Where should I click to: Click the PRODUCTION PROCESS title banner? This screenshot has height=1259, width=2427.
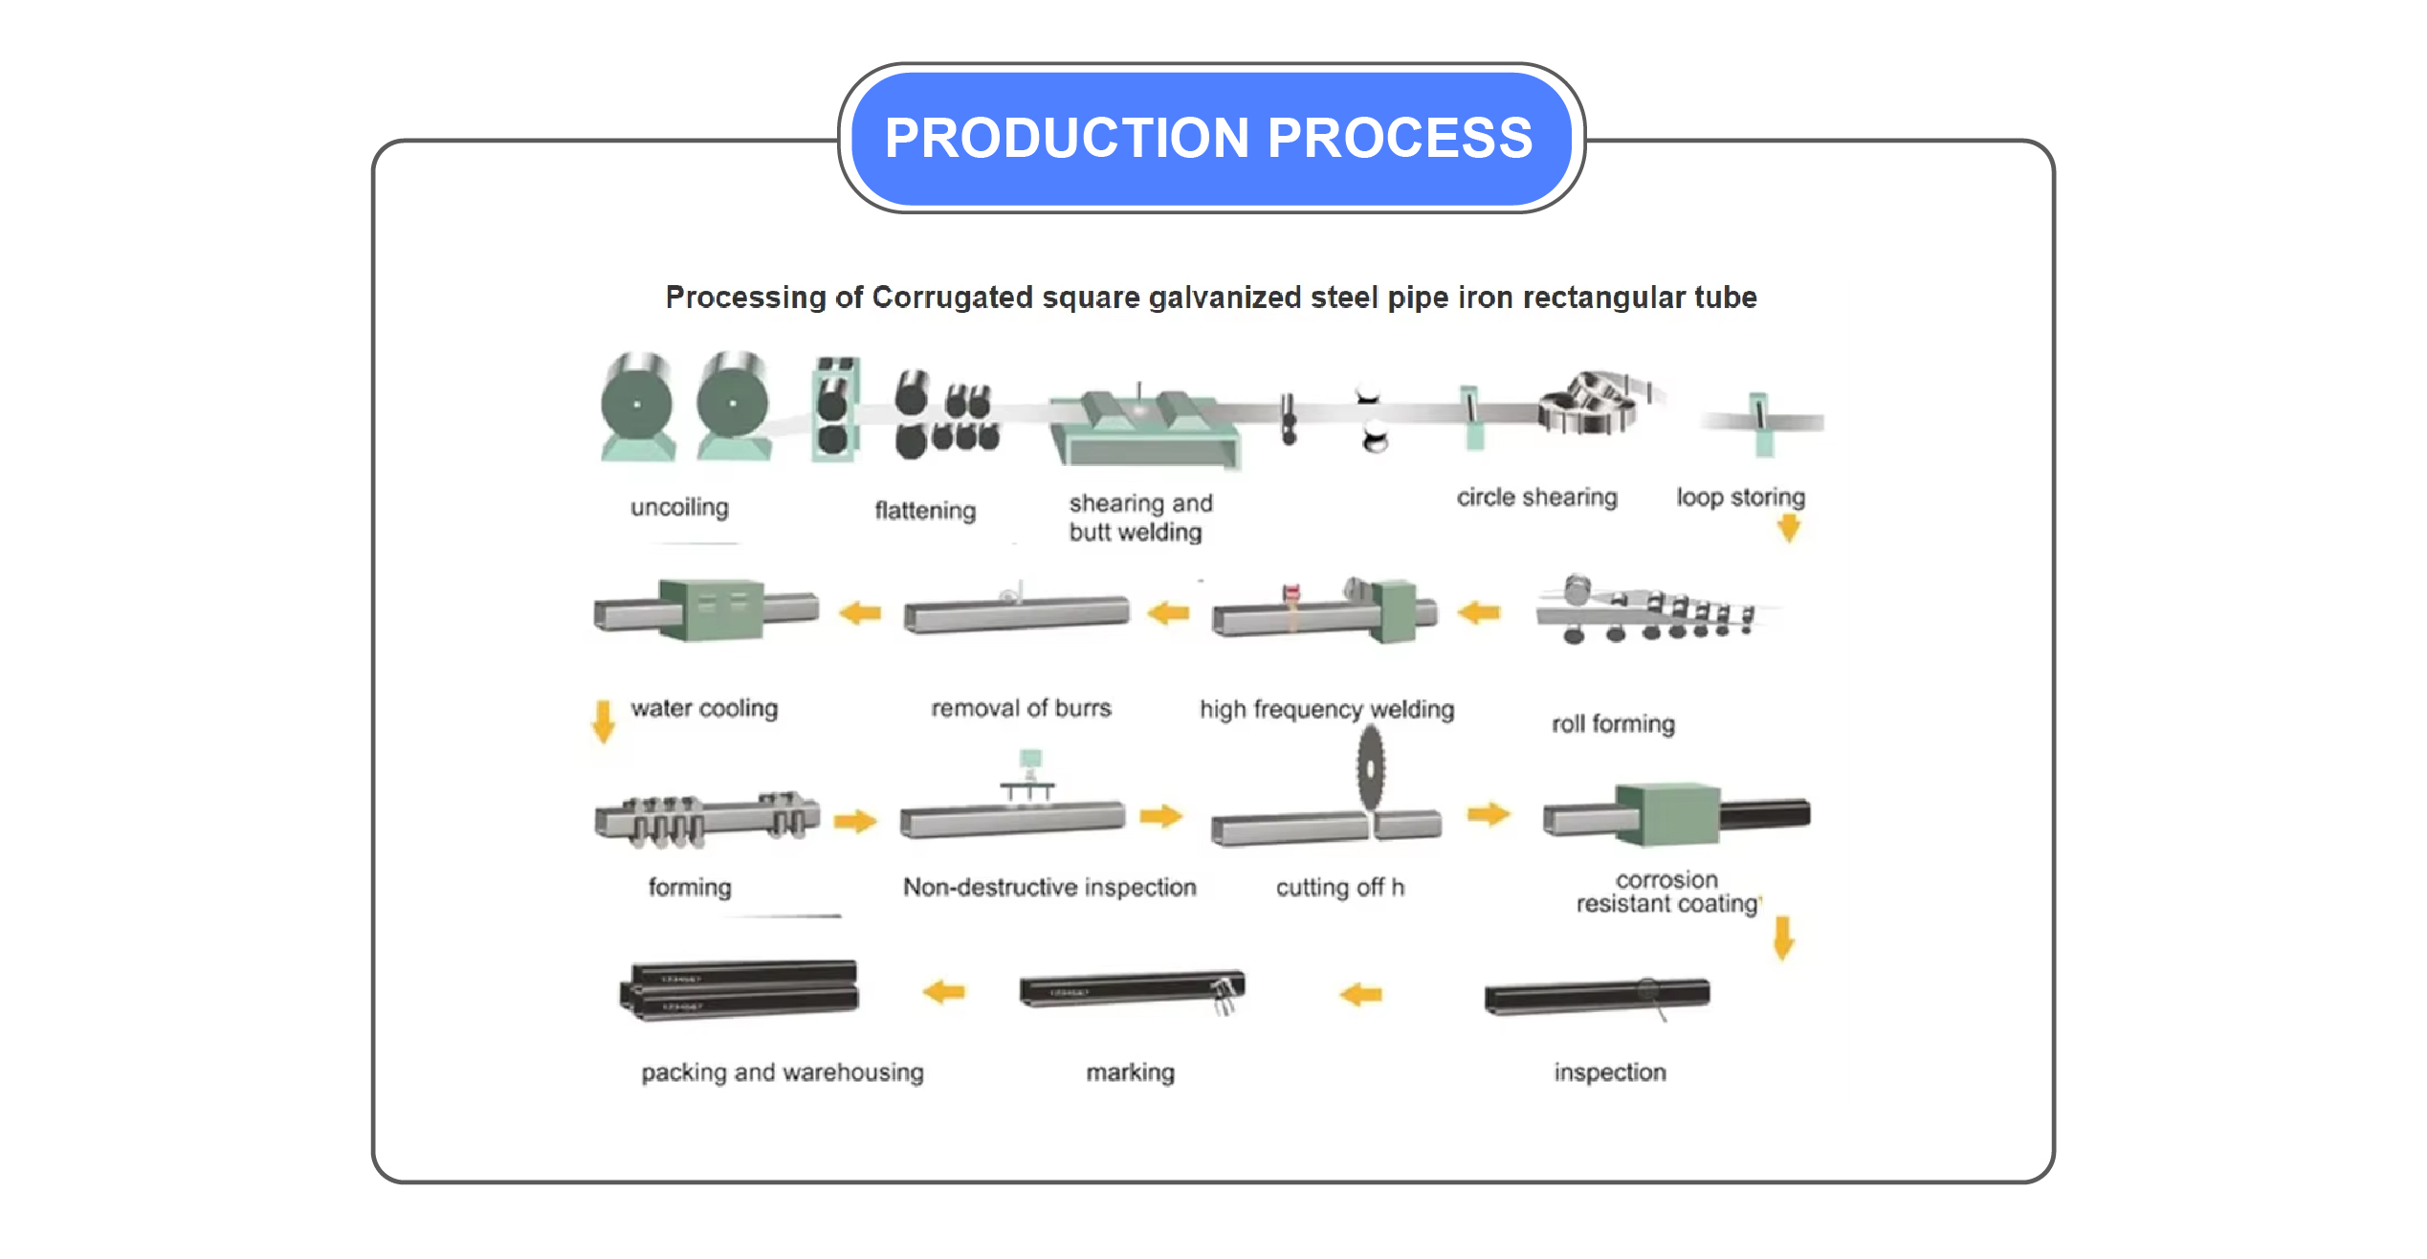[x=1210, y=138]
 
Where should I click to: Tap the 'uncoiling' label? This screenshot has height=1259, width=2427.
[x=679, y=507]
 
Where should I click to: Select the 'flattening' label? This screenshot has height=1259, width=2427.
[x=925, y=510]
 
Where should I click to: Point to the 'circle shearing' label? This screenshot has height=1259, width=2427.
[x=1536, y=497]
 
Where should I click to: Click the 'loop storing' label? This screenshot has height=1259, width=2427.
[x=1740, y=497]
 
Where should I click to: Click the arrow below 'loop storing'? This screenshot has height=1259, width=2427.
[x=1788, y=528]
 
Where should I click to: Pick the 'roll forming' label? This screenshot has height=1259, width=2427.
[x=1613, y=724]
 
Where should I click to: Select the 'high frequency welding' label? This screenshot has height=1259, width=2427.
[x=1327, y=709]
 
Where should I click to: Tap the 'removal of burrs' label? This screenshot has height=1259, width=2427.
[x=1021, y=708]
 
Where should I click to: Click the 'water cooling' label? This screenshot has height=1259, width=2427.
[x=704, y=708]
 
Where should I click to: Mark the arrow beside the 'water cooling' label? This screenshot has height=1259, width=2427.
[x=603, y=721]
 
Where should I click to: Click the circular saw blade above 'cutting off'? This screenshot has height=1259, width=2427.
[x=1371, y=768]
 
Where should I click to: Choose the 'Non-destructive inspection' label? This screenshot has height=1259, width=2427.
[x=1049, y=888]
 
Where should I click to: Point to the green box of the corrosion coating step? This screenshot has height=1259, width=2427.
[x=1666, y=814]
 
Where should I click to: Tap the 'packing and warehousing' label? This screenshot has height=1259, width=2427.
[x=782, y=1072]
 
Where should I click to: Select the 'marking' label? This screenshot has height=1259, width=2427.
[x=1130, y=1072]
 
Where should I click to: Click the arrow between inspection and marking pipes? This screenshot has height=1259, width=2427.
[x=1360, y=995]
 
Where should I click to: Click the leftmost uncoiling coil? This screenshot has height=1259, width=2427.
[x=637, y=404]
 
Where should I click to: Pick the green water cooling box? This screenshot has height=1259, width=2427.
[x=712, y=608]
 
